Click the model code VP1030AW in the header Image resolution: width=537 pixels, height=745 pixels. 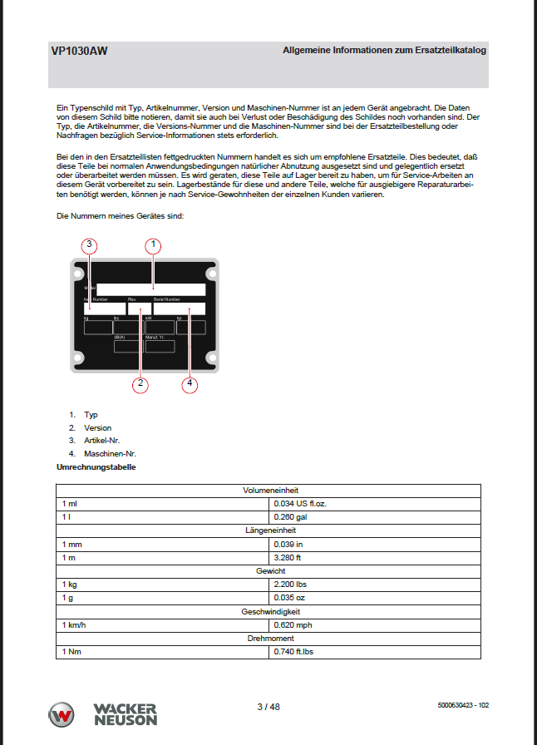79,51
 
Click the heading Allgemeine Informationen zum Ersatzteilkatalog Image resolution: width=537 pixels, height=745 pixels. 384,51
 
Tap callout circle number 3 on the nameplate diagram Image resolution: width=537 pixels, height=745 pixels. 90,245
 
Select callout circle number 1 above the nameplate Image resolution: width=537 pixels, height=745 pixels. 153,245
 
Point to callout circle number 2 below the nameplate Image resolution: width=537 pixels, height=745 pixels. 141,383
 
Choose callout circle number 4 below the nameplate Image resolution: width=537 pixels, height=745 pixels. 190,383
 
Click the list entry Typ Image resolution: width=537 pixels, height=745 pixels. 91,414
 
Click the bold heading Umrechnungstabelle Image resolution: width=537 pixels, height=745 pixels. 96,467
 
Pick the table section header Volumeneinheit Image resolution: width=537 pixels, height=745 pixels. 269,491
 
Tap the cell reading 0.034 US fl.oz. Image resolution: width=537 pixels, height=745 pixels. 305,504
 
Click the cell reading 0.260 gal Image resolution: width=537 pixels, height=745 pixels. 291,517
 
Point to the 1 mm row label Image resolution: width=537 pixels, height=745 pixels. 71,544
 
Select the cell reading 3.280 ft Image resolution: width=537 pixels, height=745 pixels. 288,557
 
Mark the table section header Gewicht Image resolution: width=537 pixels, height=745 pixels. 269,571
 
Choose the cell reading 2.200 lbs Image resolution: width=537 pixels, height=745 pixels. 290,585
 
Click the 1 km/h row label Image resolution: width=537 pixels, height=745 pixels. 74,624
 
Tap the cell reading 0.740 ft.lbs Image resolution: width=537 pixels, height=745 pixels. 293,651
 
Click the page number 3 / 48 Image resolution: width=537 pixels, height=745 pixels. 268,707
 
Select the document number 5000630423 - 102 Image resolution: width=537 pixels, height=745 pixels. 462,705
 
